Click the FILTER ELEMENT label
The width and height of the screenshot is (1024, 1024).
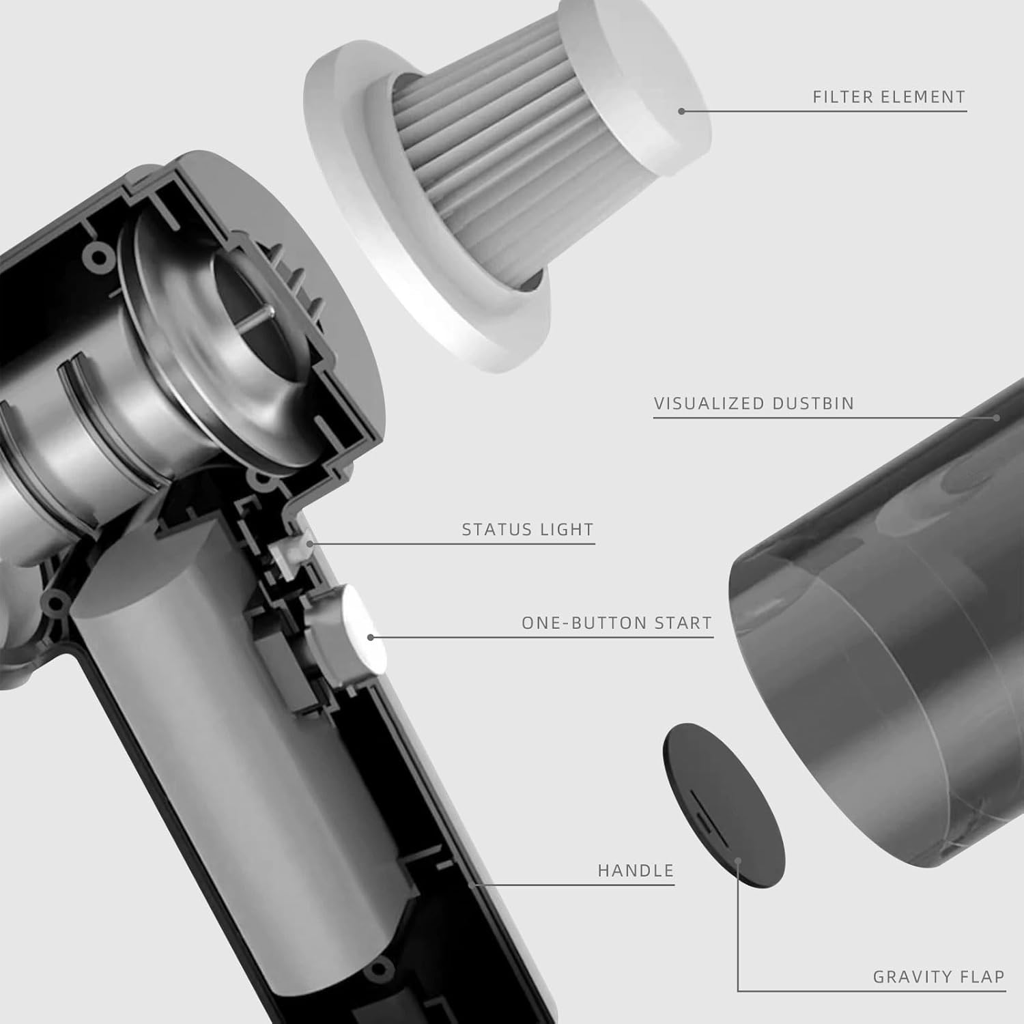pos(889,97)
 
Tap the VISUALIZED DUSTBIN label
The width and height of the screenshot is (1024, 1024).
pos(754,403)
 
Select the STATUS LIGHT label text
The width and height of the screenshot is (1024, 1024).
pos(528,530)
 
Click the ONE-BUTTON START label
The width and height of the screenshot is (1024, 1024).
pos(616,623)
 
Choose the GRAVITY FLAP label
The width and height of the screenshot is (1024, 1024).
pos(939,977)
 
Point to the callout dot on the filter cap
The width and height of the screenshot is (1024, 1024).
pos(681,111)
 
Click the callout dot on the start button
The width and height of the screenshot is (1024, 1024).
pos(370,637)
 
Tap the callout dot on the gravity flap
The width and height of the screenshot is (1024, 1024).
pos(739,861)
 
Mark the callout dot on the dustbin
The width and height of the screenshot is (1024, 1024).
pos(997,417)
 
